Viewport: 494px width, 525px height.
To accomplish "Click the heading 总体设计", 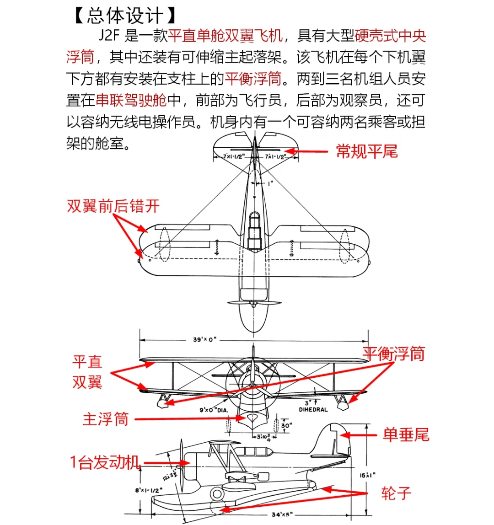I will (124, 15).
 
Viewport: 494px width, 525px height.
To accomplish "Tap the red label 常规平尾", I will (367, 151).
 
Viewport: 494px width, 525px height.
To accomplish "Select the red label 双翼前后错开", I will (113, 206).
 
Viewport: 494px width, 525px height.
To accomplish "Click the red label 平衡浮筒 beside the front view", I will (393, 354).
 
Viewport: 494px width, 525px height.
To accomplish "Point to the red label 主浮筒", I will (106, 419).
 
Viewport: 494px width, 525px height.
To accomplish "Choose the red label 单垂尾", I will (406, 435).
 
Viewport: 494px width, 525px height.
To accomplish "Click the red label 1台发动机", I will (105, 463).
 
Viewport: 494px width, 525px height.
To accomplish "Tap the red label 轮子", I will (396, 493).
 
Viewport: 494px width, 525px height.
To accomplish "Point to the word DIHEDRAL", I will (313, 410).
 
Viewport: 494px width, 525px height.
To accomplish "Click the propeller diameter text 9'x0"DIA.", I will (210, 409).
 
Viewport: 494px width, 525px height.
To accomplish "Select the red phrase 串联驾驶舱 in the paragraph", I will (131, 100).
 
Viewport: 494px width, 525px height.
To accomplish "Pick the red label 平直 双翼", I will (87, 372).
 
